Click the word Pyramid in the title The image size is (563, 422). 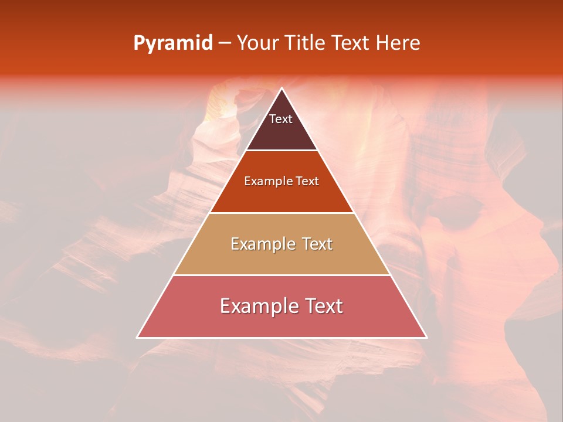[x=173, y=43]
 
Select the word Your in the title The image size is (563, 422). [x=257, y=43]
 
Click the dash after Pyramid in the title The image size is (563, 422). [x=225, y=43]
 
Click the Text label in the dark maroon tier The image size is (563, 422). [x=281, y=119]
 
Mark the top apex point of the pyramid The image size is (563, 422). [x=281, y=88]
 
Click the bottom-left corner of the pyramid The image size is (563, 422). [x=137, y=338]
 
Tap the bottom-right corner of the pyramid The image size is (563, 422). [x=426, y=338]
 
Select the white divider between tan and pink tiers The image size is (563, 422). [x=281, y=275]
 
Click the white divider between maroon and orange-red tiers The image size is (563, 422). [x=281, y=150]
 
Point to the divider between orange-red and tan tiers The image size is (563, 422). [x=281, y=213]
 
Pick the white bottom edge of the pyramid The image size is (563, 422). [x=281, y=338]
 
